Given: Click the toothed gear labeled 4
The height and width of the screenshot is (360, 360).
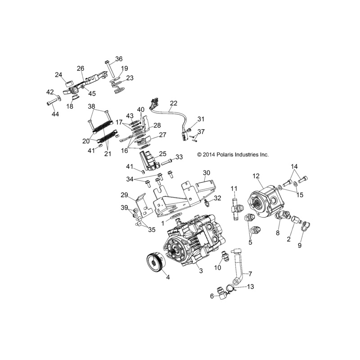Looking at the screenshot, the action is coord(156,262).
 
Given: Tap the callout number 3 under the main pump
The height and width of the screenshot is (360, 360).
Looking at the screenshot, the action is coord(201,271).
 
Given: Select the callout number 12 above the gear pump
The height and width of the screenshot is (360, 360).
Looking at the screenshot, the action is coord(256,176).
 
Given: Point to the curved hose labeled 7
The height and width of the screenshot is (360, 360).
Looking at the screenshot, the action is coord(238,264).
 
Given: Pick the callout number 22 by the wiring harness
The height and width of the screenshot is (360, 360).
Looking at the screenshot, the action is coord(174,103).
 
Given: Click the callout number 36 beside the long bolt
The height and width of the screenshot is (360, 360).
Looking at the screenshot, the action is coord(119,59).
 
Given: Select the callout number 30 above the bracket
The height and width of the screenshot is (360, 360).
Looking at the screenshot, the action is coord(207,173).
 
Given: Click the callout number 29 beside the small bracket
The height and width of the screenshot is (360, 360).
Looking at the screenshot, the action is coord(125,195).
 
